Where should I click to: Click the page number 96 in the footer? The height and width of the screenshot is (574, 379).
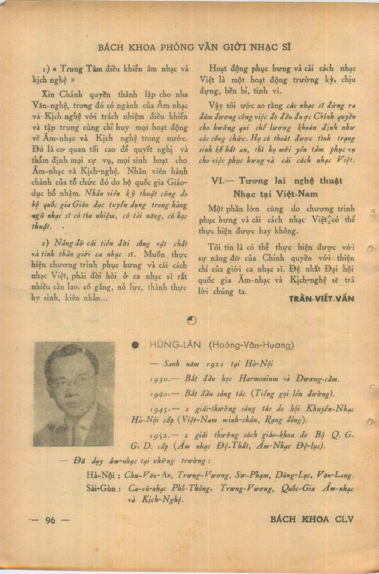click(x=50, y=520)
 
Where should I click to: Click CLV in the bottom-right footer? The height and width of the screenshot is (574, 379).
click(x=344, y=519)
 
